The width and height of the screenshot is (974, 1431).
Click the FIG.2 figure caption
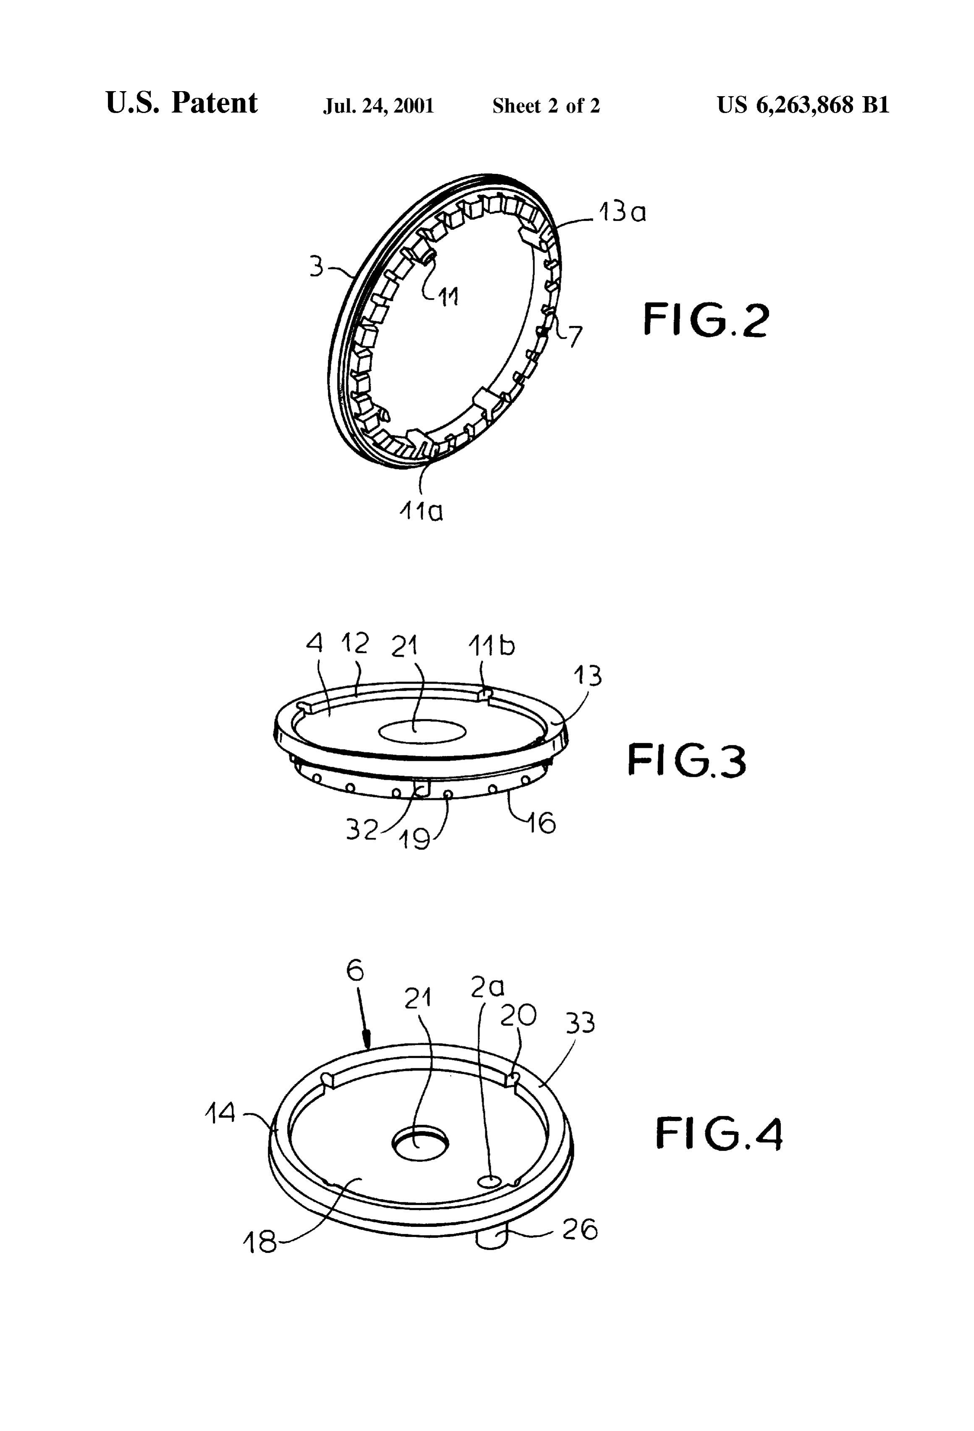click(706, 320)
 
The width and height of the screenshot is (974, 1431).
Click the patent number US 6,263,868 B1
click(803, 105)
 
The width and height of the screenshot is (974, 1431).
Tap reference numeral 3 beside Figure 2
click(316, 267)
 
